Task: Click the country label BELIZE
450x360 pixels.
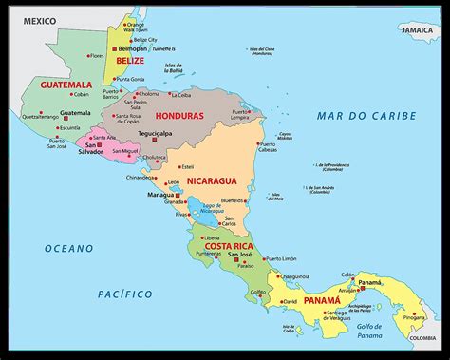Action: [129, 60]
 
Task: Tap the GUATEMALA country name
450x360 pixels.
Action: [66, 85]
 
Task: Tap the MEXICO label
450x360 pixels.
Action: [39, 20]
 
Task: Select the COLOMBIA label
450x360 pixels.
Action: [423, 338]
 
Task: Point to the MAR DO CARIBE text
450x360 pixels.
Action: [367, 116]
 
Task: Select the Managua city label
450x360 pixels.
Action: [160, 194]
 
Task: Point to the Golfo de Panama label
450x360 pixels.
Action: [373, 329]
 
